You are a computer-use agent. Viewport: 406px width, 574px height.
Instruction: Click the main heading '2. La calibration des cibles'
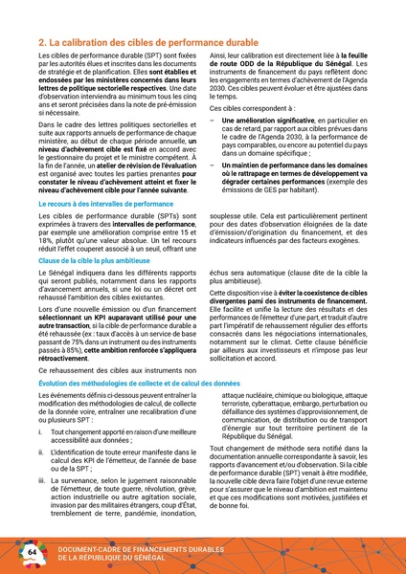pyautogui.click(x=145, y=43)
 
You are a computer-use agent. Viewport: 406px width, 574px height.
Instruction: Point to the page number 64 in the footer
pyautogui.click(x=32, y=553)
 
